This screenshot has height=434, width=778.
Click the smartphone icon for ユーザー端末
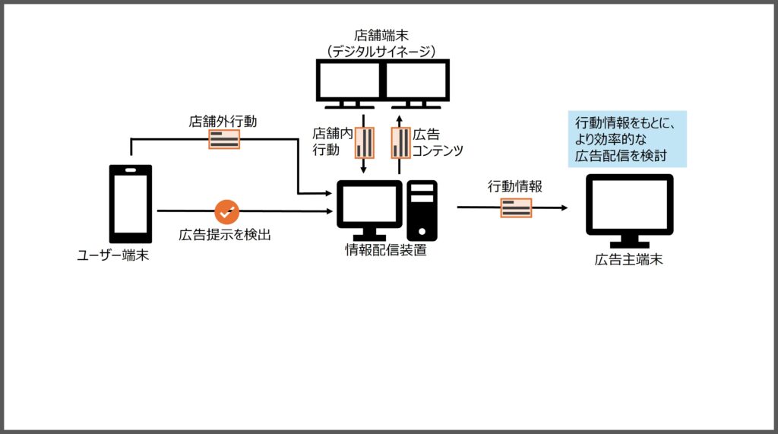click(131, 202)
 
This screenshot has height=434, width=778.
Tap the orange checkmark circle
click(226, 211)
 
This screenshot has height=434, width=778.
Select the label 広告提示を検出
click(225, 235)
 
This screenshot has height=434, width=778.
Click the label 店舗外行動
click(223, 121)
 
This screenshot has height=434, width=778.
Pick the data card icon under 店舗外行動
click(224, 138)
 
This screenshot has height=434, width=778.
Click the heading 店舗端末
click(381, 35)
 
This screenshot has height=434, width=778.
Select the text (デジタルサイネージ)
click(381, 51)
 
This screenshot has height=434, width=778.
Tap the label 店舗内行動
click(332, 141)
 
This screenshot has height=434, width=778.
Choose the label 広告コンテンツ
click(438, 142)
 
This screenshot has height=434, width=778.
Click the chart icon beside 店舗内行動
click(365, 142)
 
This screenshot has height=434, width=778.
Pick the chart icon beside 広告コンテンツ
click(400, 142)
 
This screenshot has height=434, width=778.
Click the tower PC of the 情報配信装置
click(422, 210)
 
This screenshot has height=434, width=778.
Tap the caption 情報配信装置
click(385, 250)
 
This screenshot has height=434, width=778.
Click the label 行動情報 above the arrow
click(515, 186)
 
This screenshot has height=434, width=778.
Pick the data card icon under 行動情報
click(516, 207)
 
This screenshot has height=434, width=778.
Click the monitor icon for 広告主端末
click(629, 205)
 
